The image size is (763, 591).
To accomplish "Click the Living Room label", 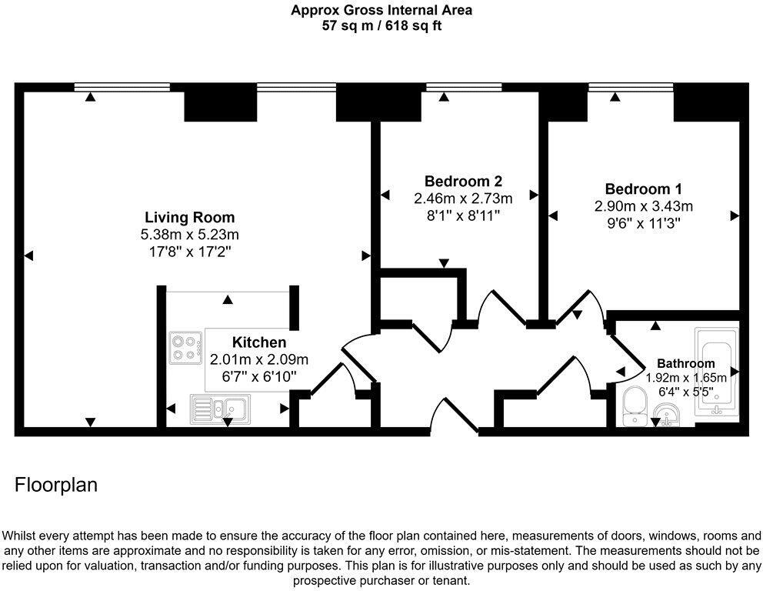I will (191, 217).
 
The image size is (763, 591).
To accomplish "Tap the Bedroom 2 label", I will (463, 182).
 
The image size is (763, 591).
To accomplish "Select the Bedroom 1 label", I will (643, 189).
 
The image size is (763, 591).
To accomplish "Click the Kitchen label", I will (259, 342).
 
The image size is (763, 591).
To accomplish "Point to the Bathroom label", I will (685, 363).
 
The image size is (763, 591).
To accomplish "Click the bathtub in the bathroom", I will (716, 372).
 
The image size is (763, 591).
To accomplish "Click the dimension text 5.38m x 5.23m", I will (191, 234).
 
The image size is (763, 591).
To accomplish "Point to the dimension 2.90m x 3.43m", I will (643, 206).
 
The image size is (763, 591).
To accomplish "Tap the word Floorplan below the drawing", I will (56, 486).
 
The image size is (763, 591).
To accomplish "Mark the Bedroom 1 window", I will (630, 86).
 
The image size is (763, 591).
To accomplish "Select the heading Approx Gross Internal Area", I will (381, 10).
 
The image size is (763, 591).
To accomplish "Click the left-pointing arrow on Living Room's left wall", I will (28, 255).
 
